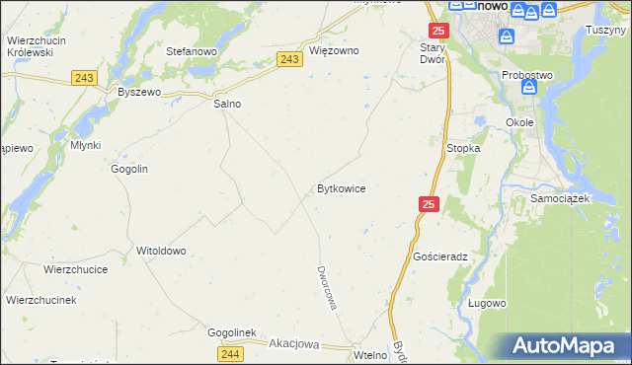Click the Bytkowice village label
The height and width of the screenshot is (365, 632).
point(342,187)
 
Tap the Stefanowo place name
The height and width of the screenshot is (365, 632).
point(191,50)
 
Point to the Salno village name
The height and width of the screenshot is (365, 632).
point(227,103)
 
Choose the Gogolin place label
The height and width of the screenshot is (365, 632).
point(129,169)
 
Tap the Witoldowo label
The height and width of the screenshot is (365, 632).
point(161,251)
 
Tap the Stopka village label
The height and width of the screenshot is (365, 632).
point(463,148)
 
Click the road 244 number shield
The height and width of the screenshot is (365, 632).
point(230,353)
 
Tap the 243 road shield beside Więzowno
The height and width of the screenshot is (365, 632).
point(288,60)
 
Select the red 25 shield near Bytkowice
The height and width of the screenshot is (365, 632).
point(428,204)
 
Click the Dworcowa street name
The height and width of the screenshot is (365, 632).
point(327,287)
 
